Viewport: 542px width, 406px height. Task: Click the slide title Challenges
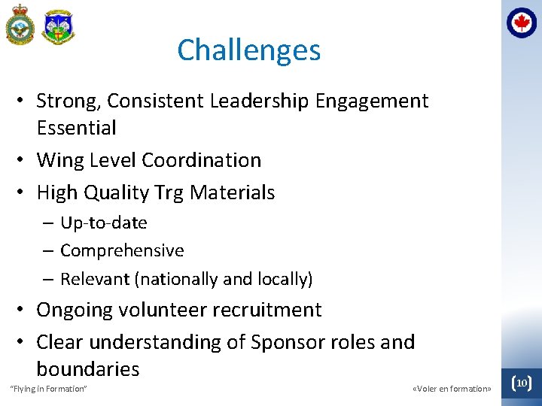click(248, 50)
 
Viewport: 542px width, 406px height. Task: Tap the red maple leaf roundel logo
click(522, 23)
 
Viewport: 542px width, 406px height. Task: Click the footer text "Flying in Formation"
click(48, 389)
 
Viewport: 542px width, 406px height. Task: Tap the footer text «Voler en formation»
click(452, 389)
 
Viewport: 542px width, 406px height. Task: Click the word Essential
click(76, 128)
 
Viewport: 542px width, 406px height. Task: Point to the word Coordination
click(201, 160)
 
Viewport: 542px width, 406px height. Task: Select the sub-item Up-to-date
click(103, 223)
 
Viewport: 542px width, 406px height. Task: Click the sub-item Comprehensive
click(121, 251)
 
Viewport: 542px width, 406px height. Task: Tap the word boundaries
click(87, 369)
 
